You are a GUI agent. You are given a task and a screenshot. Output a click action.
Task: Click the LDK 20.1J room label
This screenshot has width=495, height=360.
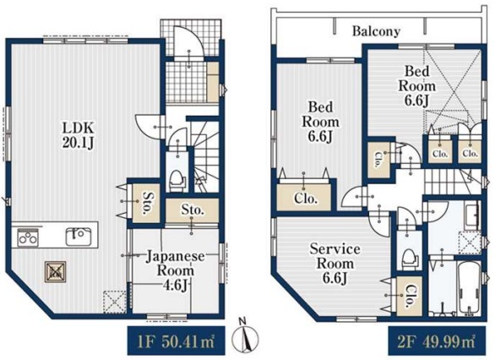pos(78,136)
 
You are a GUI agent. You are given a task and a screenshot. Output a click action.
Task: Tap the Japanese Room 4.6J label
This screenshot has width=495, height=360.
pos(175,271)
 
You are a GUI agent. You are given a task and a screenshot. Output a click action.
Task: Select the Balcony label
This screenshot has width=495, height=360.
pos(376,31)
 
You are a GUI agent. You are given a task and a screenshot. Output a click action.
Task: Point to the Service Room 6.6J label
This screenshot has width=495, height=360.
pos(335,264)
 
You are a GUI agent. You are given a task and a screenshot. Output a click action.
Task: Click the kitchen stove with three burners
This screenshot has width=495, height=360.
pos(28,238)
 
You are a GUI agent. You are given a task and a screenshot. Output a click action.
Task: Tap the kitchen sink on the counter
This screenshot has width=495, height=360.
pos(79,237)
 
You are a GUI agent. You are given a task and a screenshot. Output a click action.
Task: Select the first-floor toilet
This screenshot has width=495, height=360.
pos(177,181)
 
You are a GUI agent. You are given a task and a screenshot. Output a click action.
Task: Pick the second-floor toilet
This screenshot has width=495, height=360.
pos(410,259)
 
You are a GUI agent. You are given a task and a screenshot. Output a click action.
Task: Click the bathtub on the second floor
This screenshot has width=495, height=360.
pos(470,288)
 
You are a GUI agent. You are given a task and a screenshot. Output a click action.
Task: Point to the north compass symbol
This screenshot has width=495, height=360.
pos(245,337)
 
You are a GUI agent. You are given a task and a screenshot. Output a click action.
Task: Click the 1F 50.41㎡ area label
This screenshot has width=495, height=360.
pos(176,342)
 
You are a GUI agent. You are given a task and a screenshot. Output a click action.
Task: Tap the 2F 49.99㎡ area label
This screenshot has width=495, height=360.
pos(437,342)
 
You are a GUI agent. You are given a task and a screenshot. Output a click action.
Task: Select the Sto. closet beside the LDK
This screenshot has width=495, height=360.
pos(146,203)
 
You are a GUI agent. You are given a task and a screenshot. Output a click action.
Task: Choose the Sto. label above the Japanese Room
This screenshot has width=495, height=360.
pos(192,210)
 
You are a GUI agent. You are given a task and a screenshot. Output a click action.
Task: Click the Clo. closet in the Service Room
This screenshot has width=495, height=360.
pos(410,296)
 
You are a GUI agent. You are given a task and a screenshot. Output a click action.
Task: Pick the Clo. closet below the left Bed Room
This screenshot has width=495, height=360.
pos(304,198)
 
